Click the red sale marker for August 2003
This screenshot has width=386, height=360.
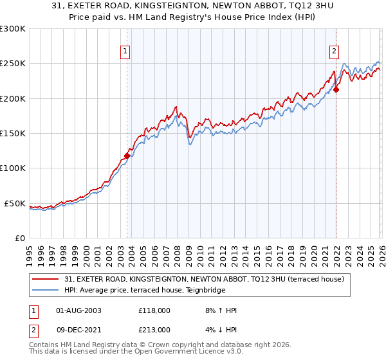[x=127, y=155]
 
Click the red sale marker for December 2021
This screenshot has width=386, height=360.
[x=336, y=89]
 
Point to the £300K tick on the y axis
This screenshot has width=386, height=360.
[x=13, y=29]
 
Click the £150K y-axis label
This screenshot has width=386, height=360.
[x=13, y=134]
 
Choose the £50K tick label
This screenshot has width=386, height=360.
[x=15, y=203]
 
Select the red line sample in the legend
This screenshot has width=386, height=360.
[x=46, y=279]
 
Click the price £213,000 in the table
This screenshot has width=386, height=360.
[x=154, y=329]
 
